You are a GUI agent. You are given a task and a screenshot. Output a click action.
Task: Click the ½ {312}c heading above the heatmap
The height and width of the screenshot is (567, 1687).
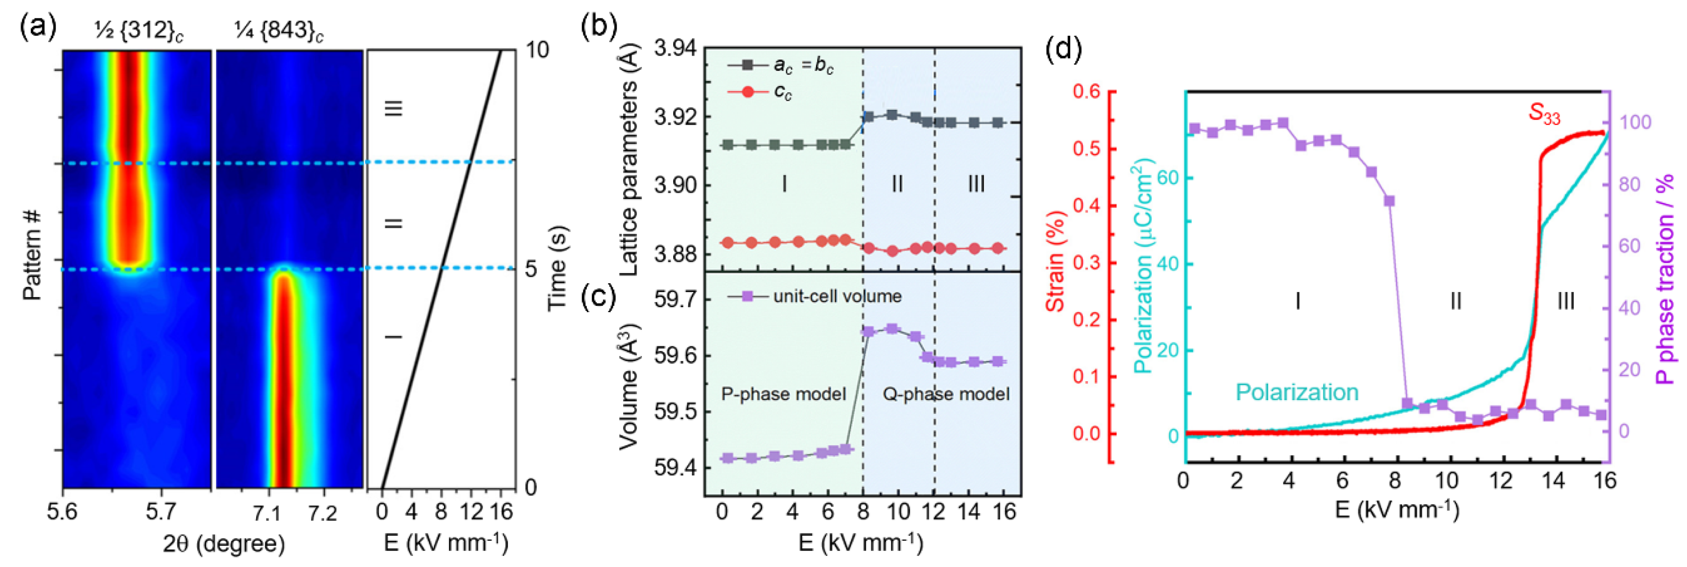(138, 31)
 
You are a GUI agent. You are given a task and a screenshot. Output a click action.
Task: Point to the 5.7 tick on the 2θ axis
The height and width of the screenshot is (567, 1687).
(160, 511)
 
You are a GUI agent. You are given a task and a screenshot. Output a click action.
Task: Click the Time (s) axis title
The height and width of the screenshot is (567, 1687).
(557, 269)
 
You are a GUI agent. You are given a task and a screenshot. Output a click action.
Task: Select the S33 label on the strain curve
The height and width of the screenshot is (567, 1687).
(1544, 115)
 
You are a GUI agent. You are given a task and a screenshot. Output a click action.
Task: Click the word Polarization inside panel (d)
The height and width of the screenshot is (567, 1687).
(1297, 392)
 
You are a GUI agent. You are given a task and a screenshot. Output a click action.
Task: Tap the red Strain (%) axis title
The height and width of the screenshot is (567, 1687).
(1055, 262)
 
